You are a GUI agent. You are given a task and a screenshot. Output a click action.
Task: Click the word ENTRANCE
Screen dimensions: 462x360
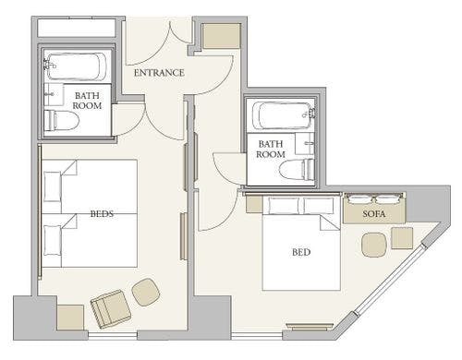point(159,73)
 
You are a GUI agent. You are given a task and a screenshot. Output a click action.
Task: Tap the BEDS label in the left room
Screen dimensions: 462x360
point(102,213)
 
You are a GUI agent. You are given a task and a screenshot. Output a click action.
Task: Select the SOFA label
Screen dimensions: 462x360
point(374,213)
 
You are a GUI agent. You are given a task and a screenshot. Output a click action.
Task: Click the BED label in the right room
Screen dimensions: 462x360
point(301,252)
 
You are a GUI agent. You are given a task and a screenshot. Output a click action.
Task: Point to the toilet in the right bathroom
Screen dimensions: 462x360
point(297,170)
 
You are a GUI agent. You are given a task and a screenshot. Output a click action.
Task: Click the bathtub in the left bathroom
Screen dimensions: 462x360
point(76,66)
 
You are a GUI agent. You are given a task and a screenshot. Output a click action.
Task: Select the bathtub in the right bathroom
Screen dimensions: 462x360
point(283,115)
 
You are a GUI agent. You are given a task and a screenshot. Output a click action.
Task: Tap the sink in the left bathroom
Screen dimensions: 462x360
point(54,94)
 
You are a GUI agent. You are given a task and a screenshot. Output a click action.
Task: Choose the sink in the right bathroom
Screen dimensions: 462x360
point(305,143)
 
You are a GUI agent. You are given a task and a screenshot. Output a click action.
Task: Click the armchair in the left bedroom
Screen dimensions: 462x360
point(111,308)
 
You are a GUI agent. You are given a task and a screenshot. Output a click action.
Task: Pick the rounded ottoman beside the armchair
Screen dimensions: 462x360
point(146,292)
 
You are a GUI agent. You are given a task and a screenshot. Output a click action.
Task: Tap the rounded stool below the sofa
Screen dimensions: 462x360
point(374,245)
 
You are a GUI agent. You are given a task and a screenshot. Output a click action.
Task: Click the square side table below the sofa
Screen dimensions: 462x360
point(402,237)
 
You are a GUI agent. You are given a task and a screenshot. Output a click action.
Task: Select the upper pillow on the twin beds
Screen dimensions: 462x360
point(53,186)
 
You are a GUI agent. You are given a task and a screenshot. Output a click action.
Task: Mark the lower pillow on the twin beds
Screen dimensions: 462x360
point(53,240)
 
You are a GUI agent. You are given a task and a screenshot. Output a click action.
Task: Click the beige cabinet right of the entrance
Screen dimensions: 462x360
point(221,36)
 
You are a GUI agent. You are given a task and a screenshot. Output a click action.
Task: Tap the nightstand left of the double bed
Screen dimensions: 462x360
point(254,204)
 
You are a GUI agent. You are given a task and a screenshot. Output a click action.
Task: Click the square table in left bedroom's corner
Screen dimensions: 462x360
point(70,318)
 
